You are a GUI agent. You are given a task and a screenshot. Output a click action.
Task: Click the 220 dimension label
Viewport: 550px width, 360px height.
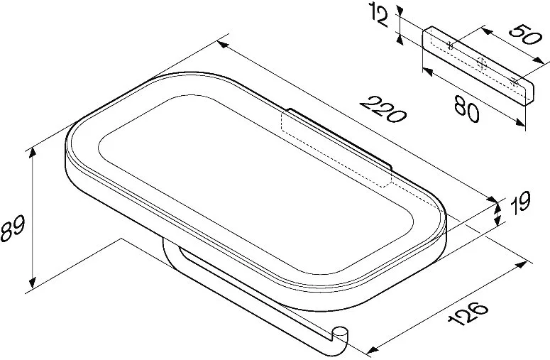tap(383, 110)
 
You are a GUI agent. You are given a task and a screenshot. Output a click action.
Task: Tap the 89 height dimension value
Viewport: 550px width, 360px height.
tap(13, 229)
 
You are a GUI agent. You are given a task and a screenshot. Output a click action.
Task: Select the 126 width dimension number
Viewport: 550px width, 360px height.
tap(468, 313)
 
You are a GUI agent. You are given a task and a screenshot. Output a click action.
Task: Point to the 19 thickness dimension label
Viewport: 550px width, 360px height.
tap(520, 202)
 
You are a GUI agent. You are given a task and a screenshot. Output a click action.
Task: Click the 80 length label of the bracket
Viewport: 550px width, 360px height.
tap(466, 109)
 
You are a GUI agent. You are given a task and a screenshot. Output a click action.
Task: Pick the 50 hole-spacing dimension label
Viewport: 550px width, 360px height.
tap(523, 34)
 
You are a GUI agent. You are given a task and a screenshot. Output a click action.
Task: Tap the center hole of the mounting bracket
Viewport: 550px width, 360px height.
tap(482, 63)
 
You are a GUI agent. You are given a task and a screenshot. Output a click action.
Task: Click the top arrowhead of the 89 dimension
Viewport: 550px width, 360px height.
tap(32, 153)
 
